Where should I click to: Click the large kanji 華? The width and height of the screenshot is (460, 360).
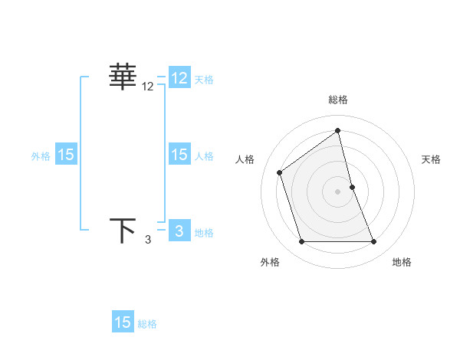pos(123,77)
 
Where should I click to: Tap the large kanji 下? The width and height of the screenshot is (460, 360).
pos(123,231)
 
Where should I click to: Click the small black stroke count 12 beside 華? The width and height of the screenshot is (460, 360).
pos(148,87)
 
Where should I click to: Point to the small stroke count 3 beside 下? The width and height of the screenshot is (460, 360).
pos(148,241)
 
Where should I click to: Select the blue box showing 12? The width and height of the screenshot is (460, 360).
pos(179,78)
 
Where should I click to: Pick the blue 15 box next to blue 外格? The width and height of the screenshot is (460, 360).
pos(65,155)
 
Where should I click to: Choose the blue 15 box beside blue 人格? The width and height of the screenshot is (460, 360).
pos(179,155)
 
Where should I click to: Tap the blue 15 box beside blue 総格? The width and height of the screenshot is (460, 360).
pos(123,322)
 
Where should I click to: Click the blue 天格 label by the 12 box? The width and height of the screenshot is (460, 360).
pos(205,79)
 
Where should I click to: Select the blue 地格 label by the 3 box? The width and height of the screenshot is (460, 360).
pos(205,232)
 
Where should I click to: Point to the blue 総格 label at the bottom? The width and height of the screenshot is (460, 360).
pos(148,324)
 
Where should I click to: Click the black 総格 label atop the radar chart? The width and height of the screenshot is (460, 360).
pos(338,100)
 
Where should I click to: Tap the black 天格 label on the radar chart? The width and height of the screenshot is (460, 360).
pos(432,159)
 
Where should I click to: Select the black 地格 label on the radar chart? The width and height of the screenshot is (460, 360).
pos(402,262)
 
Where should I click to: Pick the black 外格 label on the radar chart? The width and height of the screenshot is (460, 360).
pos(270,262)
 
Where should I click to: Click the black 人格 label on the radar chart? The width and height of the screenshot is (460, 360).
pos(245,159)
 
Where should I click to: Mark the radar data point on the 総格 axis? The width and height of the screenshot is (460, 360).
pos(338,130)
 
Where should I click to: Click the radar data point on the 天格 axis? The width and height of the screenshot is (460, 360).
pos(352,187)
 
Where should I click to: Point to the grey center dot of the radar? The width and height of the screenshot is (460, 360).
pos(338,191)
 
